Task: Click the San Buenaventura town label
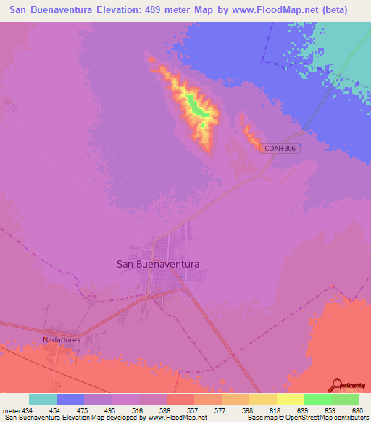[158, 265]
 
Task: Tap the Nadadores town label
[61, 339]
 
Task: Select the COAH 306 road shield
[280, 148]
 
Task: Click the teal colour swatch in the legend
[42, 400]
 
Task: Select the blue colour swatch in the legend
[70, 400]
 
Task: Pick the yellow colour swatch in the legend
[262, 400]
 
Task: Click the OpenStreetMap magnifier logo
[338, 384]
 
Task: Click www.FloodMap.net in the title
[270, 10]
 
